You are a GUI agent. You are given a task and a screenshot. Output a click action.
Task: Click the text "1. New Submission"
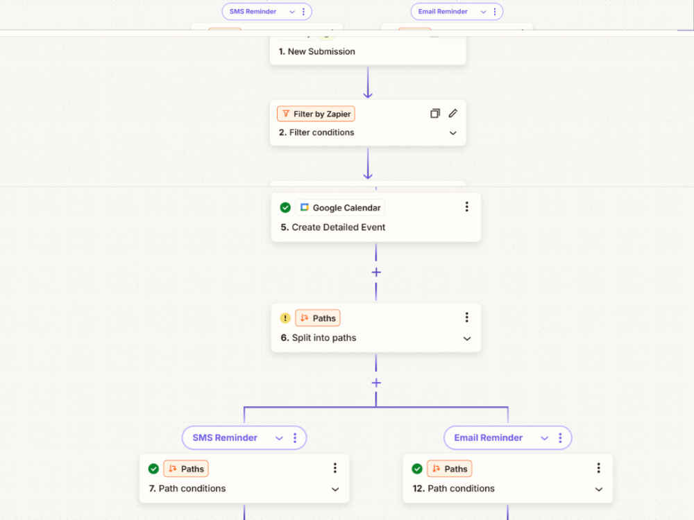(x=317, y=51)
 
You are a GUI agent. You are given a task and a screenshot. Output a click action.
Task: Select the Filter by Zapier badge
(x=316, y=114)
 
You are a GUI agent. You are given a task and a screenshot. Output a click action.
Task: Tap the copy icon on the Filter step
(x=435, y=114)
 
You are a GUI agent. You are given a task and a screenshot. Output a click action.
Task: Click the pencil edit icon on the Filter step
(x=452, y=114)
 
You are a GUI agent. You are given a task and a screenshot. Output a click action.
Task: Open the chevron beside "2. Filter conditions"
(x=452, y=132)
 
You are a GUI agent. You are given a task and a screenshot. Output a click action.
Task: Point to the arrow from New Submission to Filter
(x=368, y=83)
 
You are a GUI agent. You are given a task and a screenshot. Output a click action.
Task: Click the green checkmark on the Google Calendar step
(x=285, y=207)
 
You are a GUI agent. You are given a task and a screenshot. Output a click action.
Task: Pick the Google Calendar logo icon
(x=305, y=207)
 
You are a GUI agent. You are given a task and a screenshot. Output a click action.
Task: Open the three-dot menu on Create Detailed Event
(x=466, y=207)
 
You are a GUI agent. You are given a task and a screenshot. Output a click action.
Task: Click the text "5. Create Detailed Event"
(x=333, y=227)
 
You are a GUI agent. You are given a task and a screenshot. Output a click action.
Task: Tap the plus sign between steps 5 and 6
(x=376, y=272)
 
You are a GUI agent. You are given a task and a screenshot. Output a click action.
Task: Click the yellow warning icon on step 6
(x=285, y=318)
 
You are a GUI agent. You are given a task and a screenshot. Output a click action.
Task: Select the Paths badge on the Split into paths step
(x=318, y=318)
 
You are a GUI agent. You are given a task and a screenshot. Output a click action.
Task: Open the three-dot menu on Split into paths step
(x=466, y=317)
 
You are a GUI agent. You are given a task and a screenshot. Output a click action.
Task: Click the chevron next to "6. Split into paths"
(x=467, y=339)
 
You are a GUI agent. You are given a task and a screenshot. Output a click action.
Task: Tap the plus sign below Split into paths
(x=376, y=383)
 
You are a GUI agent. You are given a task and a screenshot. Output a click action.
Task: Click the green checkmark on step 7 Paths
(x=153, y=469)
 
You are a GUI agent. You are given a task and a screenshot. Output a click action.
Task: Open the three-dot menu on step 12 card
(x=598, y=468)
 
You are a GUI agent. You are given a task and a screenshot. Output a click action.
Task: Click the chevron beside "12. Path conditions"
(x=599, y=489)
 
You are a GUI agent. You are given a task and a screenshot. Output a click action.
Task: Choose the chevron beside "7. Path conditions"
(x=335, y=489)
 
